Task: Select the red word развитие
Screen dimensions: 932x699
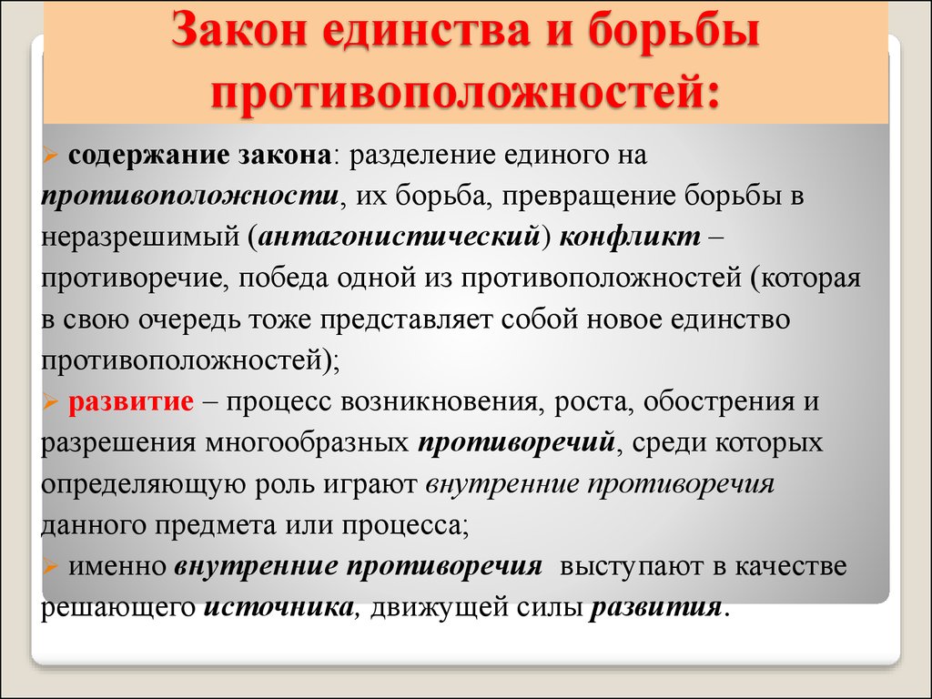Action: pos(131,401)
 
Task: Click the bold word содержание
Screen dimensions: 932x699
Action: pos(148,155)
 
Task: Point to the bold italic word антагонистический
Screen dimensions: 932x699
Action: pos(399,238)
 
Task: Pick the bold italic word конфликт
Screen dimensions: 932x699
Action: pos(630,238)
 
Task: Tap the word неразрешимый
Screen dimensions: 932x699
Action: pos(139,238)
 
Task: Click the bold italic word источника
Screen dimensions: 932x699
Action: pos(279,607)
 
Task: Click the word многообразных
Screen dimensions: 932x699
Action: pos(308,443)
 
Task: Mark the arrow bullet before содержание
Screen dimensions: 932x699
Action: pos(50,156)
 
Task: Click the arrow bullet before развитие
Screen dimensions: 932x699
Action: pos(50,402)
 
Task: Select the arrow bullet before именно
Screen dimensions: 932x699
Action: pos(50,567)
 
